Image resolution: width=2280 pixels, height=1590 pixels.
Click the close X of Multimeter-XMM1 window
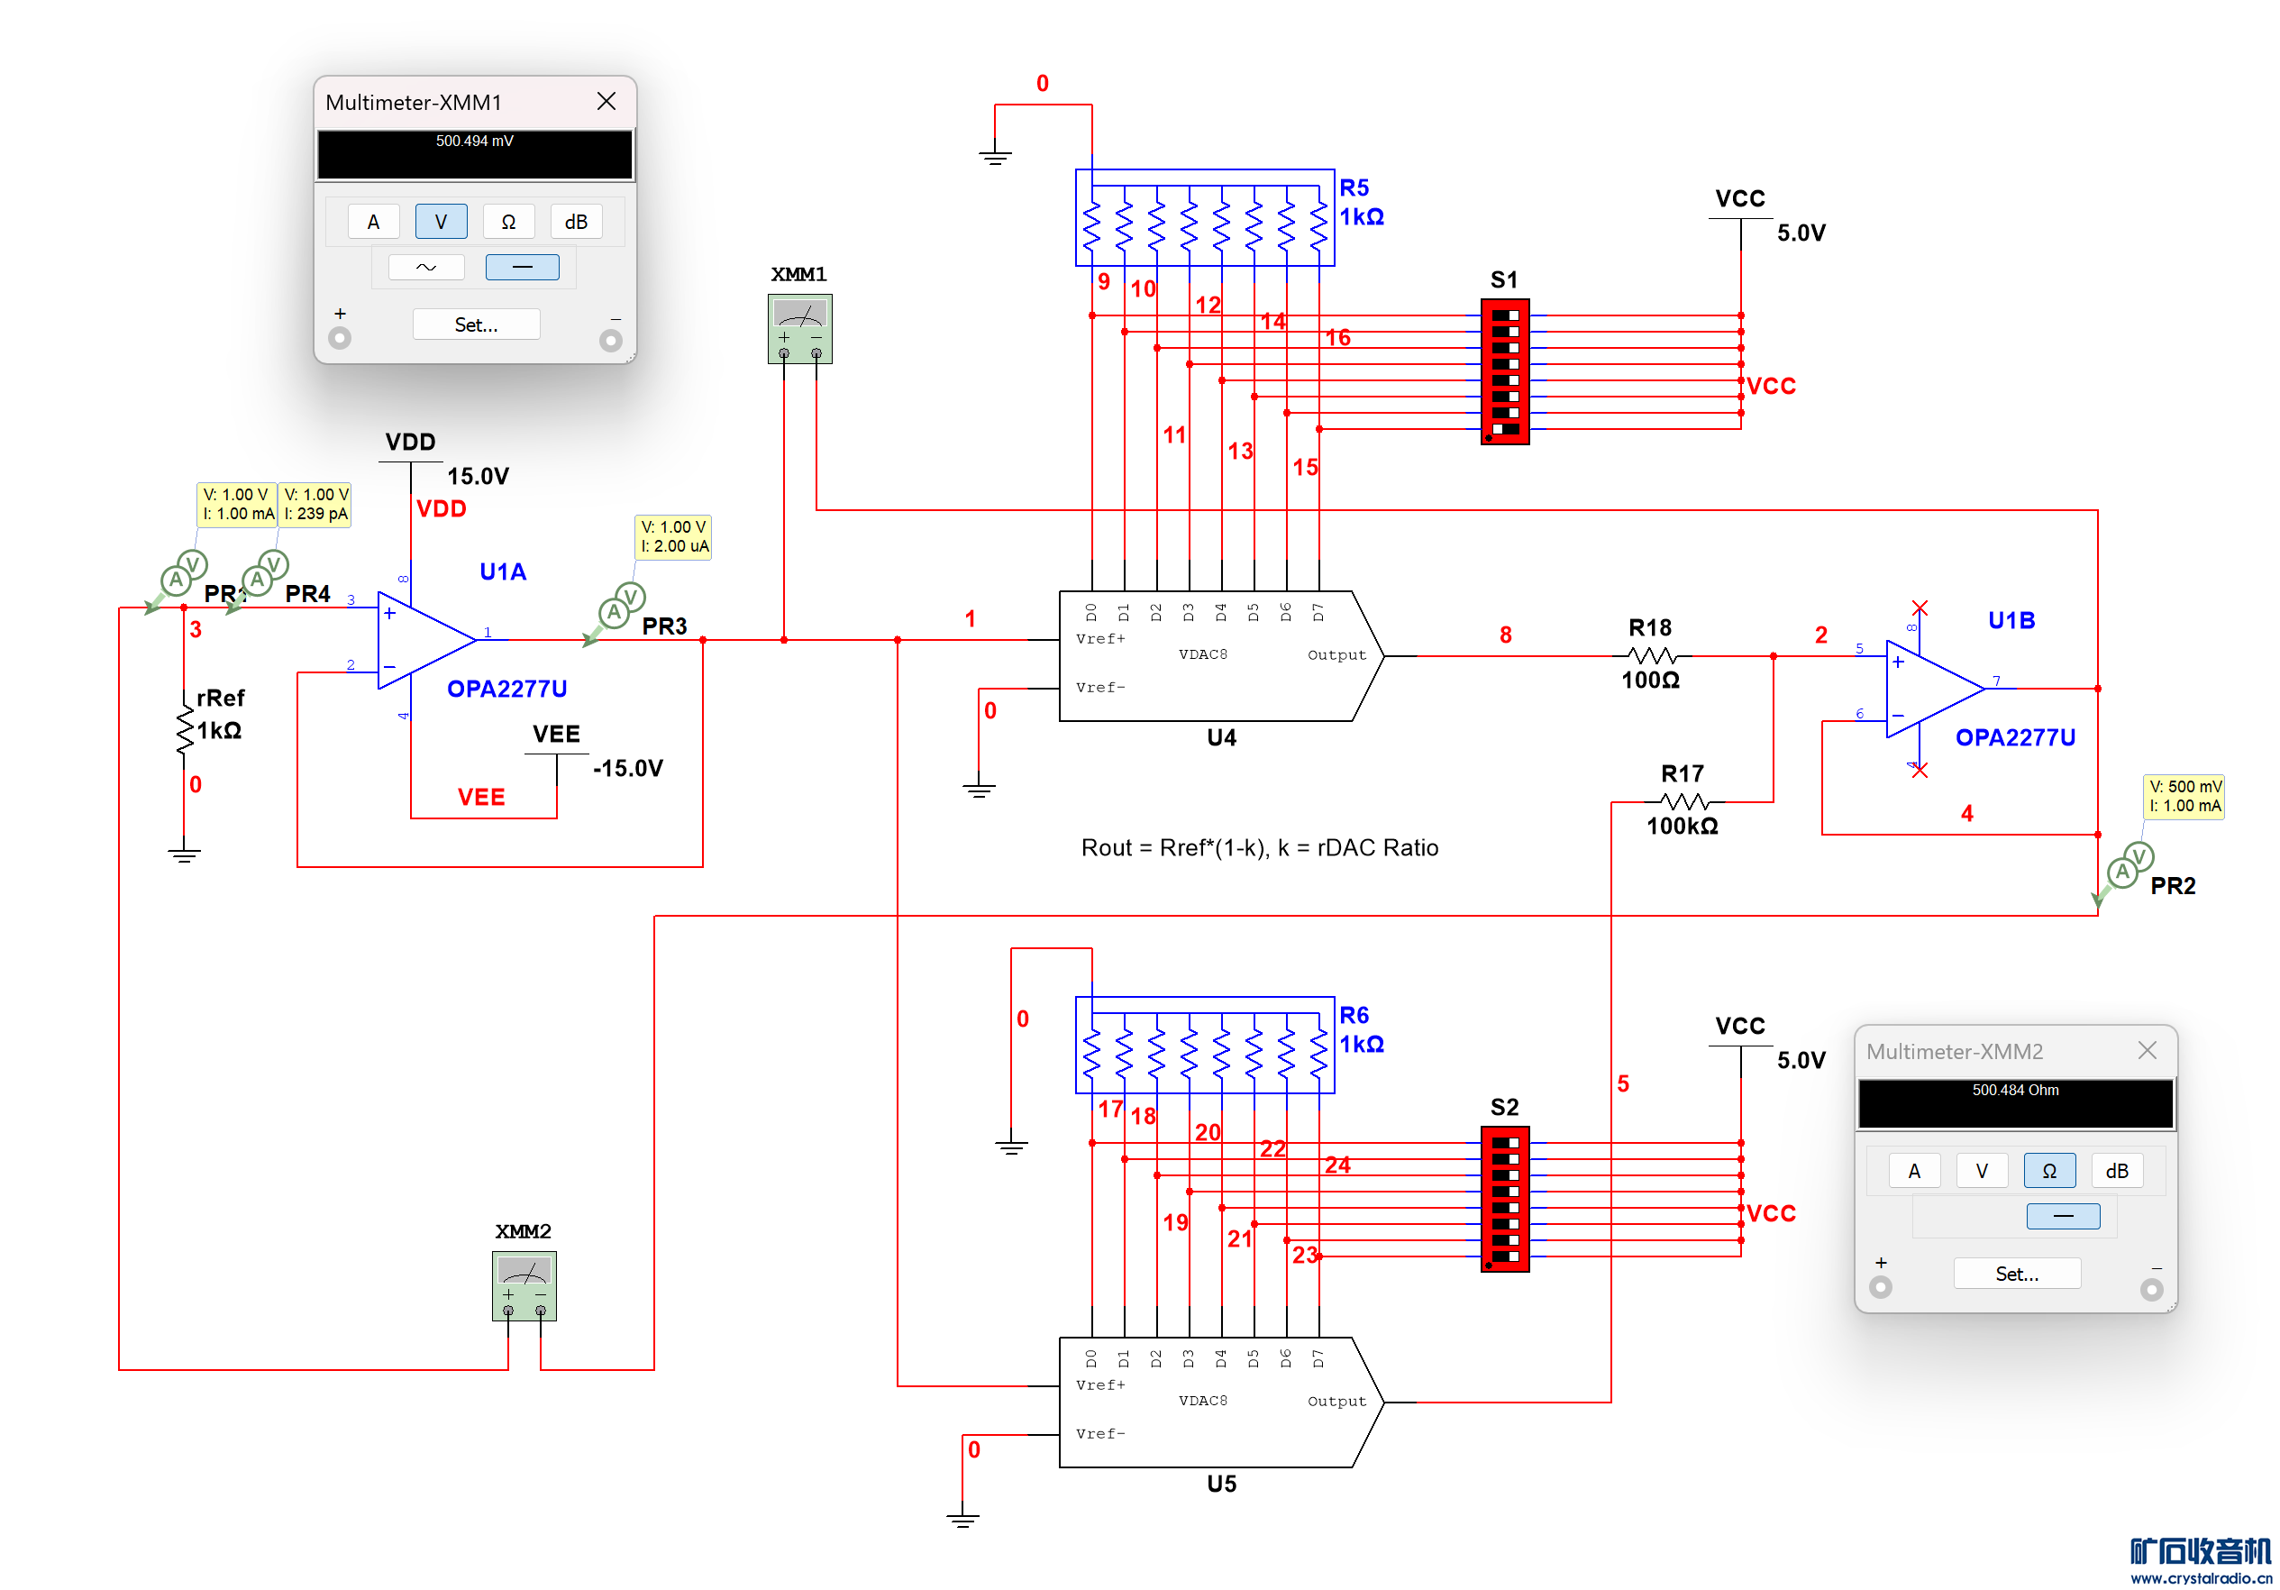[606, 101]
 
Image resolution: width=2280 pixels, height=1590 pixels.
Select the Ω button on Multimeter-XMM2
[2047, 1171]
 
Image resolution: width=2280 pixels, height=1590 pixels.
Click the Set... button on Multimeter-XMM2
[2016, 1274]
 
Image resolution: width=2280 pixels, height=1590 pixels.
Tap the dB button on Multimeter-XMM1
[576, 222]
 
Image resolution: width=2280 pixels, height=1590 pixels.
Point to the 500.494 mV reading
[475, 141]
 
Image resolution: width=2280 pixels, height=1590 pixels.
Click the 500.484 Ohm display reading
[2015, 1091]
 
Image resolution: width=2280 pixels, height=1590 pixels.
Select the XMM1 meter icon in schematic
[799, 328]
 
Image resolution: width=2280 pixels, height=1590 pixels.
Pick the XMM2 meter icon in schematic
[524, 1285]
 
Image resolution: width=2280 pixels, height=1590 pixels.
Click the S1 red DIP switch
[1504, 371]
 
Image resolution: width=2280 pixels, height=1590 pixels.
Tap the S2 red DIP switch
[1504, 1199]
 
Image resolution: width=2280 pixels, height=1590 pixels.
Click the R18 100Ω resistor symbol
[1651, 655]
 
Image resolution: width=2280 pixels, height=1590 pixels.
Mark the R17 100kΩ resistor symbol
[1683, 801]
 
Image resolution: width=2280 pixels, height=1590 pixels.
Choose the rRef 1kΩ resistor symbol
[185, 731]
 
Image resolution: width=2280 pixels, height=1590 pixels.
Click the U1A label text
[503, 572]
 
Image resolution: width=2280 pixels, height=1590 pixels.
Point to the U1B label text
[2011, 621]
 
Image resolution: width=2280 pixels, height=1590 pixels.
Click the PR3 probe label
[664, 626]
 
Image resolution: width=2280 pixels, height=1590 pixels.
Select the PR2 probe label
[2172, 886]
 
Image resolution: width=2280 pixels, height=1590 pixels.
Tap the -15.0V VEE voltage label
[627, 769]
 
